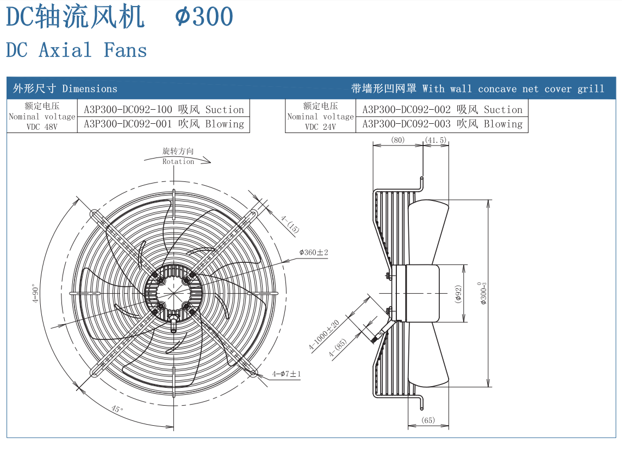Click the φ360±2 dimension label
click(x=314, y=253)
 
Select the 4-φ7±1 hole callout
click(x=287, y=374)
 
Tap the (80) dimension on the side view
click(x=398, y=140)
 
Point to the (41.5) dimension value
click(x=436, y=140)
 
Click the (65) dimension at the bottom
click(x=428, y=420)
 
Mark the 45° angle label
click(x=117, y=409)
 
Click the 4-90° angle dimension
click(x=35, y=293)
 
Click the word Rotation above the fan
click(x=178, y=161)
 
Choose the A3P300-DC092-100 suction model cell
click(x=164, y=110)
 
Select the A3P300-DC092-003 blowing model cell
click(x=442, y=124)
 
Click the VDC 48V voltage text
click(x=42, y=127)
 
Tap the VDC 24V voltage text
click(x=320, y=127)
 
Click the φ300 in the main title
click(x=204, y=17)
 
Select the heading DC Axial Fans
click(x=77, y=51)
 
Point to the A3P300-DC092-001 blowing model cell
click(x=164, y=124)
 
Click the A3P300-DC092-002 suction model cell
click(x=442, y=110)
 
